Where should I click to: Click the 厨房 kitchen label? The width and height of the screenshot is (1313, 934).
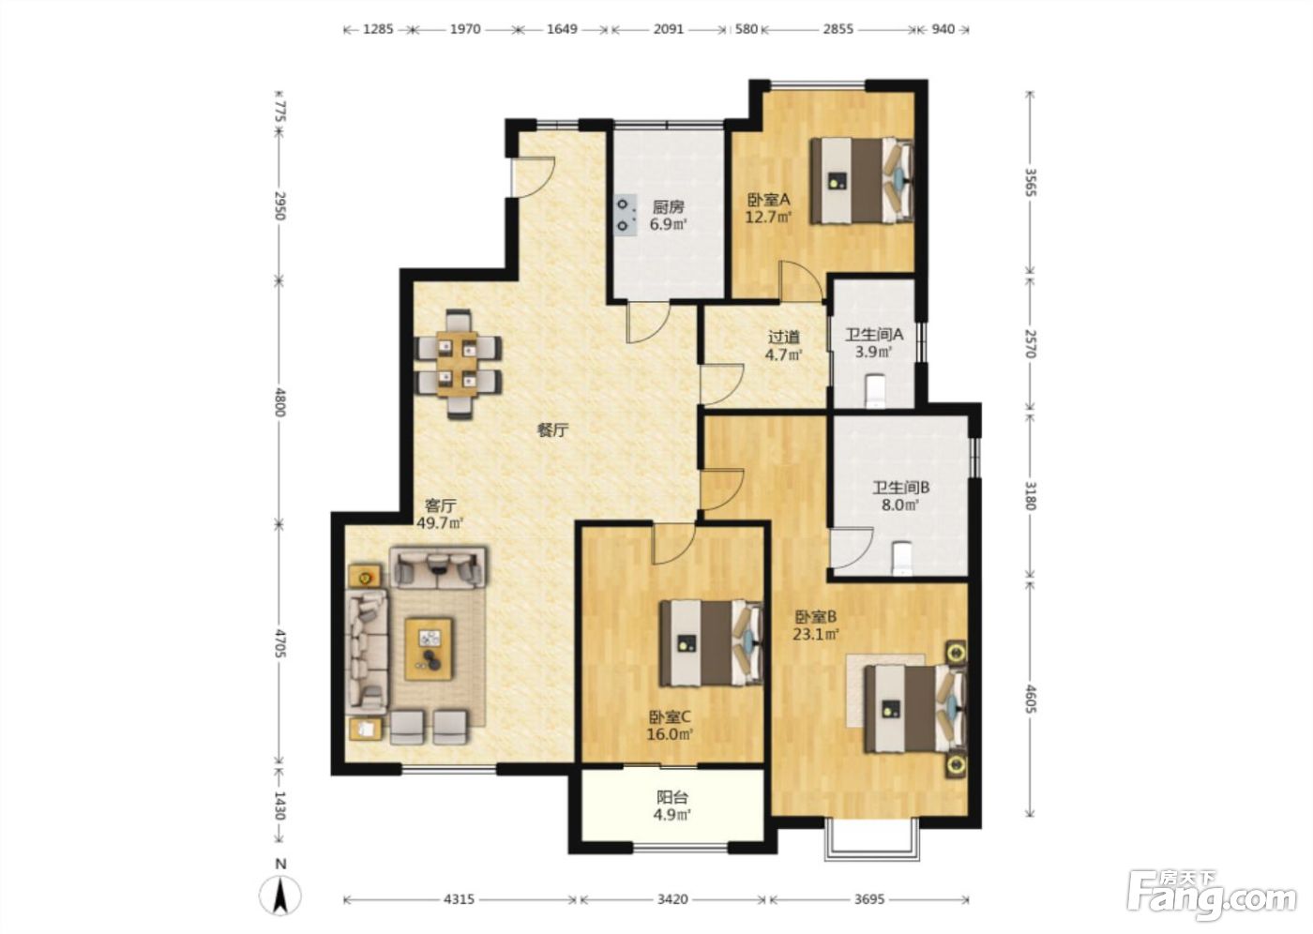pyautogui.click(x=668, y=207)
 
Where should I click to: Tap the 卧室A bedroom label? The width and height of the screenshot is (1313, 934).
pyautogui.click(x=768, y=200)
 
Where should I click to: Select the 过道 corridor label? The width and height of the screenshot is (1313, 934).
pyautogui.click(x=784, y=338)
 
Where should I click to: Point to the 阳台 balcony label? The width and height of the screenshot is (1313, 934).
pyautogui.click(x=672, y=797)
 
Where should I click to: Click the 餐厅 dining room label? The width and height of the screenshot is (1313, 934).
pyautogui.click(x=552, y=430)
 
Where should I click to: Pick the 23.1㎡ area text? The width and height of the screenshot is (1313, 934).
pyautogui.click(x=816, y=634)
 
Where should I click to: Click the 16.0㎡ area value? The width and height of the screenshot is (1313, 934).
pyautogui.click(x=670, y=734)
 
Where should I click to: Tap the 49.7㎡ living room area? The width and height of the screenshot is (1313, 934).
pyautogui.click(x=440, y=522)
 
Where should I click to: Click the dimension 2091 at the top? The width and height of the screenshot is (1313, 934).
pyautogui.click(x=669, y=29)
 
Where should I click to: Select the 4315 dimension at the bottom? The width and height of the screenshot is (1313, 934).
pyautogui.click(x=459, y=899)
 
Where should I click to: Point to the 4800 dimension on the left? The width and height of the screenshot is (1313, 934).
pyautogui.click(x=279, y=402)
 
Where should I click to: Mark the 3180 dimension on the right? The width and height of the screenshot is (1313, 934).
pyautogui.click(x=1031, y=495)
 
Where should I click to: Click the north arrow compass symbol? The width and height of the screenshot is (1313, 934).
pyautogui.click(x=280, y=895)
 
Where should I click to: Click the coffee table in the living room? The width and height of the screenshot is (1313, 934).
pyautogui.click(x=430, y=649)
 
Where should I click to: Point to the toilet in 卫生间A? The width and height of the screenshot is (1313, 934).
pyautogui.click(x=875, y=391)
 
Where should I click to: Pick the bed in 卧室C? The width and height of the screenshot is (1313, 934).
pyautogui.click(x=711, y=642)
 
